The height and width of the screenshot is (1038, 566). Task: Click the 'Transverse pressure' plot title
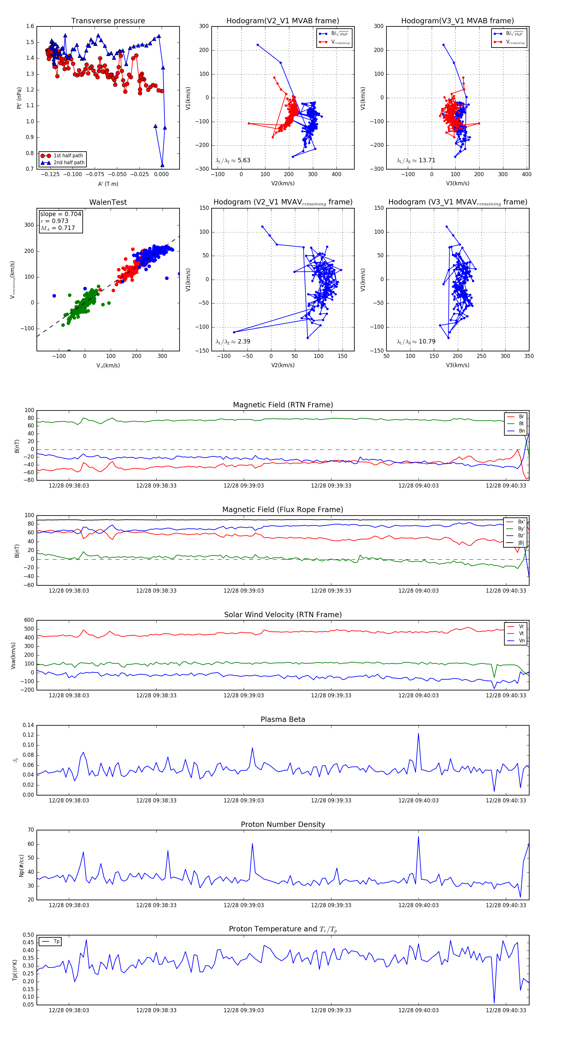point(108,21)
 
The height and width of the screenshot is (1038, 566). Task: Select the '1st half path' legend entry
point(68,155)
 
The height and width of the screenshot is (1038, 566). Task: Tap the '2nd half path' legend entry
point(69,163)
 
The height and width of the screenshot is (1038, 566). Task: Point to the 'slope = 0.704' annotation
point(60,214)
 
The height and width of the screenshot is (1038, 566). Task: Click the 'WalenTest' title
point(108,202)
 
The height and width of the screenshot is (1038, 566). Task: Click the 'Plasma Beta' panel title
point(283,720)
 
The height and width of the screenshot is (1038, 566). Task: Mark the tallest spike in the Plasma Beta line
point(418,734)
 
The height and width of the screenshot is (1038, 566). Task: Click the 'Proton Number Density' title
point(283,824)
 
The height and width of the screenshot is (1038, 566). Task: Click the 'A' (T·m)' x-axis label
point(108,184)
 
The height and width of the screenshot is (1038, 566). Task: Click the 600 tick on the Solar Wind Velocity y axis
point(29,620)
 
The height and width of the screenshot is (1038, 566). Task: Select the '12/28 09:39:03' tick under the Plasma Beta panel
point(243,801)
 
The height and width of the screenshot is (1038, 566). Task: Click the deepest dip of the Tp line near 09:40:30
point(494,1003)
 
